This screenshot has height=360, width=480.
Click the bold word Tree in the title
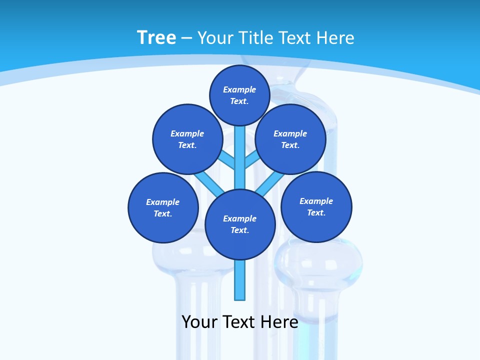(x=156, y=37)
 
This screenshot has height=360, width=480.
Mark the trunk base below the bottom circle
(x=240, y=280)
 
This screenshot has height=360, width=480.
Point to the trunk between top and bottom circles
(x=240, y=157)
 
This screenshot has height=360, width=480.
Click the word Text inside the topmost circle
(x=239, y=101)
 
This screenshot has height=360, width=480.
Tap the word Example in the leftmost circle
(x=162, y=202)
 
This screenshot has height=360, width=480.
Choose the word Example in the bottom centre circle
(x=239, y=218)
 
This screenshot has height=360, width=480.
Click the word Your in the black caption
(x=199, y=321)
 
